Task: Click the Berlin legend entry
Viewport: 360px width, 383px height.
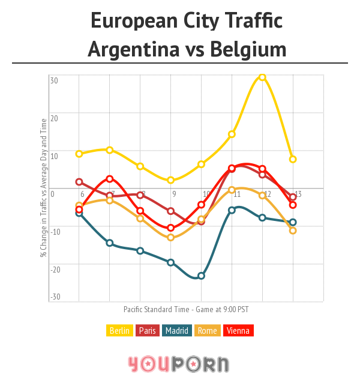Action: pos(119,330)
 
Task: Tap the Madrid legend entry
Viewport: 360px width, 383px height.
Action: pos(178,330)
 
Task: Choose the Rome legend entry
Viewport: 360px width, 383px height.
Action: pos(208,330)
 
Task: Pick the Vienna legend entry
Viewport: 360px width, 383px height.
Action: pos(238,330)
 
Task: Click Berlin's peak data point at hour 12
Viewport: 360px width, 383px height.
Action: pos(262,77)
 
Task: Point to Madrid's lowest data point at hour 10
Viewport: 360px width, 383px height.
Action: pos(201,276)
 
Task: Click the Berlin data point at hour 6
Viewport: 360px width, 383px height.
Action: pos(79,154)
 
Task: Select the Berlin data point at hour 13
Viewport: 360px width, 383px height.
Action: pos(293,159)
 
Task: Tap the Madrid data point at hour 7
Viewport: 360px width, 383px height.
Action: pos(110,243)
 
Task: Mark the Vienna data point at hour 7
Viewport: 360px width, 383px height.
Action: pos(110,178)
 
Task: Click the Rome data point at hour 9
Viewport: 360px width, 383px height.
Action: pos(171,238)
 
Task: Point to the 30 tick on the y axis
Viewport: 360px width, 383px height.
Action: pos(54,80)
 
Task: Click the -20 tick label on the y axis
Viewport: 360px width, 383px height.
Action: pos(55,269)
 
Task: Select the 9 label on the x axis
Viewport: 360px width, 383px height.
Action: pos(174,195)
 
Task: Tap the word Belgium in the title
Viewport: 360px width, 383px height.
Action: pos(248,49)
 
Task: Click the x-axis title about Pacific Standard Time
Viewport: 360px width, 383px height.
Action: pos(186,310)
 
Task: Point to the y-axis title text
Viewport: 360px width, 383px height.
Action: pos(43,187)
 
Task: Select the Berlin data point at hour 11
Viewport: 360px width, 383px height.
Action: pos(232,134)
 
